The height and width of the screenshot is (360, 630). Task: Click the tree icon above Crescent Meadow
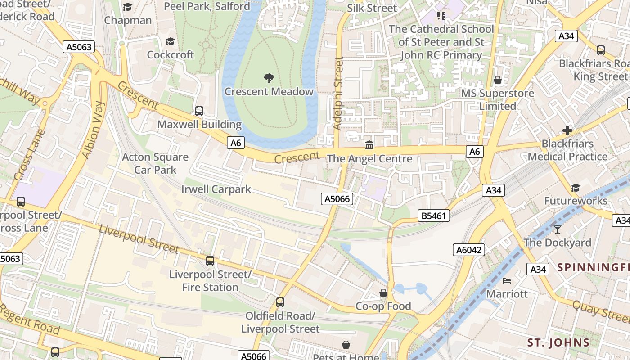(x=269, y=78)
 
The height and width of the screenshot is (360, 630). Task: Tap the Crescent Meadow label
(x=269, y=92)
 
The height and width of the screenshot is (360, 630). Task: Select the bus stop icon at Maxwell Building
(x=199, y=111)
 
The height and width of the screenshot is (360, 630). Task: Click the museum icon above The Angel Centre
(x=369, y=145)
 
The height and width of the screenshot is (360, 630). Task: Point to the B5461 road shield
(x=434, y=216)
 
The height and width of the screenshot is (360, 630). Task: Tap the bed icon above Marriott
(x=507, y=281)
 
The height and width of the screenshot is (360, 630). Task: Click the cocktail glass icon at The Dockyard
(x=558, y=229)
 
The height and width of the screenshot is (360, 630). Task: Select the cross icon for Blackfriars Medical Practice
(x=567, y=131)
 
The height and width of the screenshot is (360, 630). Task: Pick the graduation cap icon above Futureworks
(x=576, y=188)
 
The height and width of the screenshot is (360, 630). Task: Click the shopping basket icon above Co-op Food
(x=383, y=293)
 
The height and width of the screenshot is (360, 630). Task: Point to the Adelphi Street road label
(x=338, y=94)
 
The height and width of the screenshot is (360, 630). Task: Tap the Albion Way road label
(x=94, y=130)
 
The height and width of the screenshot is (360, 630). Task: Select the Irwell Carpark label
(x=216, y=189)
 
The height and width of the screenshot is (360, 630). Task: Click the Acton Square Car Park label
(x=155, y=163)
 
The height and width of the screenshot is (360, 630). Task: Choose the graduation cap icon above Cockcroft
(x=170, y=42)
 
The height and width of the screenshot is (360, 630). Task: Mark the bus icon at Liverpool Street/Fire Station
(x=210, y=261)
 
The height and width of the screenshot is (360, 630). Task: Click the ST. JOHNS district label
(x=558, y=342)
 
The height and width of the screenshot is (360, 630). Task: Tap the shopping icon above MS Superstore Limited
(x=498, y=81)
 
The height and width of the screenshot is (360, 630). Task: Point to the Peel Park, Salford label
(x=207, y=6)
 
